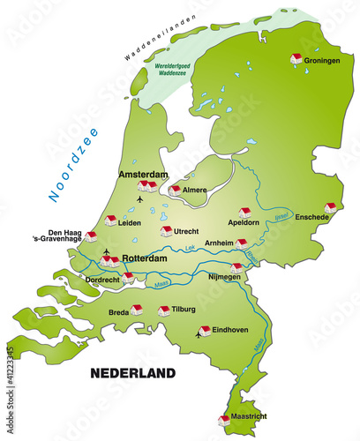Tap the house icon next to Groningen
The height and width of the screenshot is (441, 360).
pyautogui.click(x=296, y=58)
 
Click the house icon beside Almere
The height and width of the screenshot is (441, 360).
pyautogui.click(x=175, y=189)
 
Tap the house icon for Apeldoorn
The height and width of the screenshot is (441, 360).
pyautogui.click(x=244, y=213)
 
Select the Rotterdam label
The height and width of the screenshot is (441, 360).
pyautogui.click(x=146, y=259)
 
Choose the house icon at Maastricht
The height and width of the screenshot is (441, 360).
pyautogui.click(x=223, y=421)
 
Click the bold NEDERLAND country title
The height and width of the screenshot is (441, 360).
pyautogui.click(x=133, y=373)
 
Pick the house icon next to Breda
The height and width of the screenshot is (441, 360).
pyautogui.click(x=136, y=309)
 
